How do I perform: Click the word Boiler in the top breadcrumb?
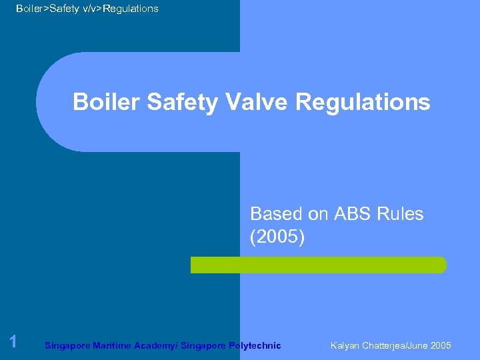[x=29, y=9]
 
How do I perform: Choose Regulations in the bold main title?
[x=363, y=102]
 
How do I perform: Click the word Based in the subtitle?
[x=276, y=214]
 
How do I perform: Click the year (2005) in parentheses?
[x=277, y=237]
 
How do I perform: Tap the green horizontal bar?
[x=319, y=265]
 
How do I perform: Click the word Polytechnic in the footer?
[x=255, y=345]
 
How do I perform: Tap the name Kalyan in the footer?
[x=345, y=345]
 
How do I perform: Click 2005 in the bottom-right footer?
[x=441, y=345]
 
